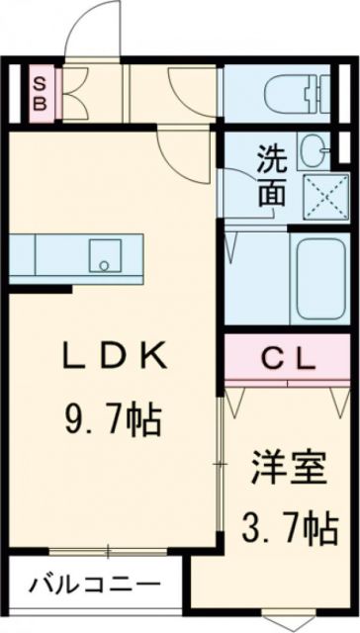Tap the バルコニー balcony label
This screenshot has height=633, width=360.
94,584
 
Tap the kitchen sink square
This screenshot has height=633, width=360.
104,255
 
